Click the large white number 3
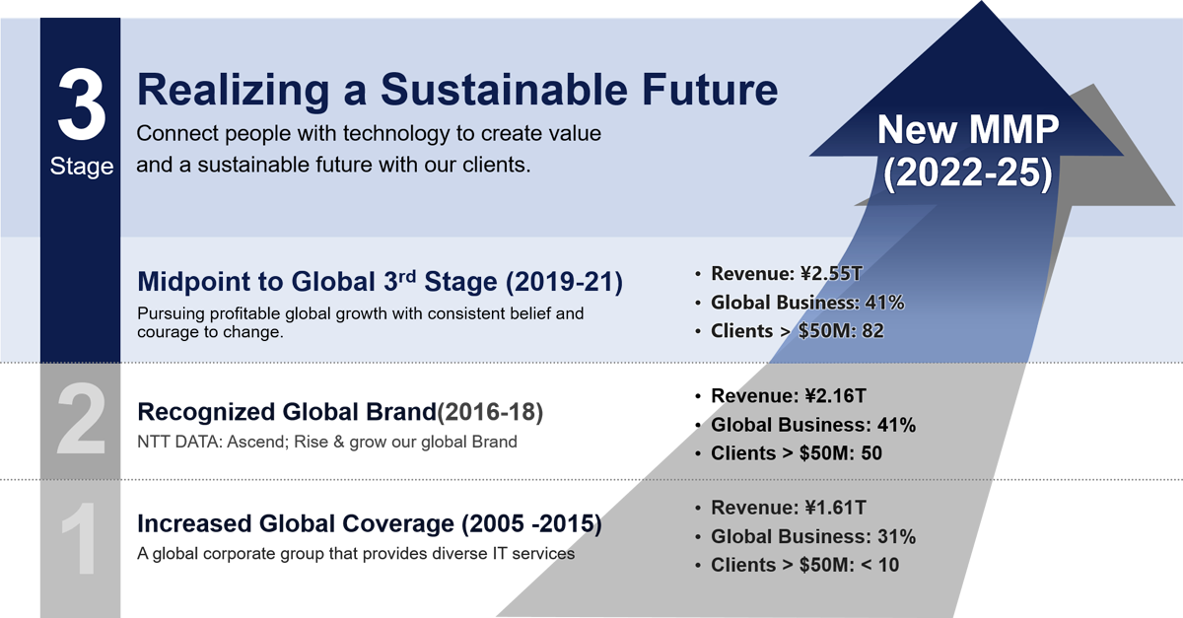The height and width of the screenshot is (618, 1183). click(x=81, y=104)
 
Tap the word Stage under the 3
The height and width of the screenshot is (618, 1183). click(x=81, y=167)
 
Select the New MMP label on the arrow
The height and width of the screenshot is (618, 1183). click(x=968, y=129)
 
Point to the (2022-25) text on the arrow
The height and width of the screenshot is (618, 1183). click(x=967, y=173)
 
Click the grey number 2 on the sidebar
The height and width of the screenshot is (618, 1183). click(x=81, y=418)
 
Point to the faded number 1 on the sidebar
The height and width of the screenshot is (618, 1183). click(x=79, y=538)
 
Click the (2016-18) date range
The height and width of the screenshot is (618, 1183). click(x=490, y=412)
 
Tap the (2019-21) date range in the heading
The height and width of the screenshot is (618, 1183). click(x=564, y=281)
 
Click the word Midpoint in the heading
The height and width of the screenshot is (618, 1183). click(x=194, y=281)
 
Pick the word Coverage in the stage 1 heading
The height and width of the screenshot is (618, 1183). click(x=398, y=524)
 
